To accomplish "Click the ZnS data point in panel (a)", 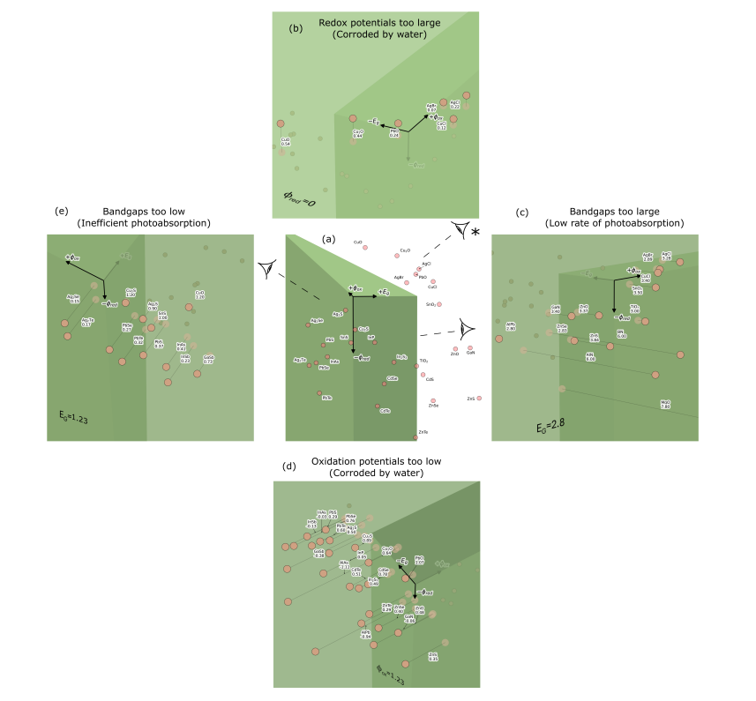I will pos(479,399).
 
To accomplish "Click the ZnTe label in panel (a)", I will pos(423,431).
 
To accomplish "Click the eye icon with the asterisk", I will pos(462,229).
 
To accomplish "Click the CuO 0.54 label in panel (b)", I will pos(286,141).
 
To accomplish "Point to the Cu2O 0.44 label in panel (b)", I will pos(358,134).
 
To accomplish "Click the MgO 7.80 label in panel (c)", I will pos(666,404).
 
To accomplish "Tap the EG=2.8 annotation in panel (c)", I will pos(549,426).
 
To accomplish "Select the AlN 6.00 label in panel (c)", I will pos(590,357).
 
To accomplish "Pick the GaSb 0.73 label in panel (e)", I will pos(208,359).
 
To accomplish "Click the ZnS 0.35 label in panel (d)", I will pos(432,655).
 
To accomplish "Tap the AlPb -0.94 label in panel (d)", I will pos(366,633).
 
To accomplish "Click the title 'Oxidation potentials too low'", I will pos(377,461).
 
